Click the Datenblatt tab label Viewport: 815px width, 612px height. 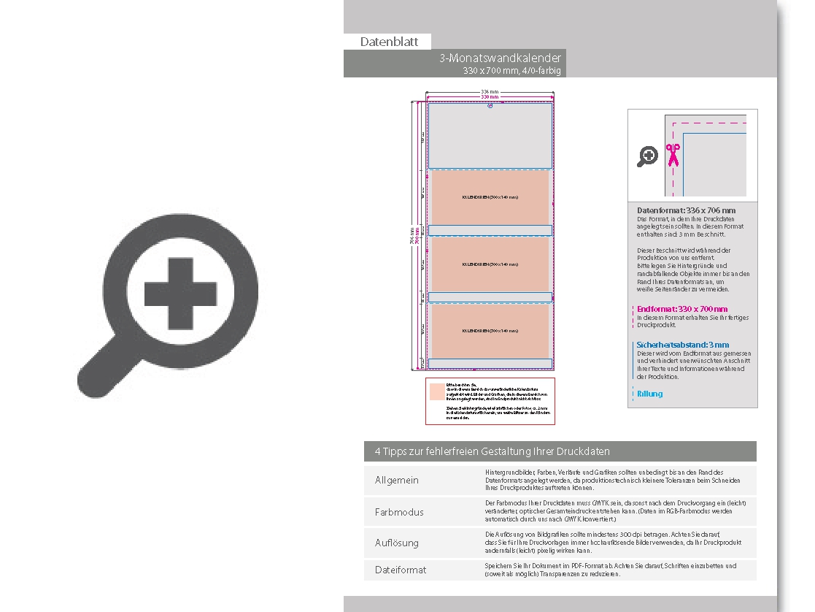389,42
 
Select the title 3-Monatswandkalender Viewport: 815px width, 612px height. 500,58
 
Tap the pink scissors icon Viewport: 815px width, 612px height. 672,155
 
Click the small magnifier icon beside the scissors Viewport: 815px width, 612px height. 648,156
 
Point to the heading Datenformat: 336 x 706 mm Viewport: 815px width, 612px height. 686,210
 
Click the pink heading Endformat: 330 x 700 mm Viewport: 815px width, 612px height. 682,309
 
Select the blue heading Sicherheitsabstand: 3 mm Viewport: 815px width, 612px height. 682,345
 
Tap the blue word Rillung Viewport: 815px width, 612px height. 649,394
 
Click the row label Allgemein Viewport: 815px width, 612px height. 397,481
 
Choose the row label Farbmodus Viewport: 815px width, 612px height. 398,513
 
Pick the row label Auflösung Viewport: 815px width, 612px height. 397,543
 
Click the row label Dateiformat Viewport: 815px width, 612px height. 400,570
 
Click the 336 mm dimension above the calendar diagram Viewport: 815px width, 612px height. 490,92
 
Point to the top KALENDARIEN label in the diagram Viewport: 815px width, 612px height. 490,197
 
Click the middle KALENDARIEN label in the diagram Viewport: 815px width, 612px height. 490,264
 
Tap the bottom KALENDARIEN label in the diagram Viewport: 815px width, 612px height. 490,331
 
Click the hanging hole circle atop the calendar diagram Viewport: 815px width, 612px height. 490,106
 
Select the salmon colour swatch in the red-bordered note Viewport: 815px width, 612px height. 436,391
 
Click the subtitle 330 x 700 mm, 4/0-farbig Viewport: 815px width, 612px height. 512,71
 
